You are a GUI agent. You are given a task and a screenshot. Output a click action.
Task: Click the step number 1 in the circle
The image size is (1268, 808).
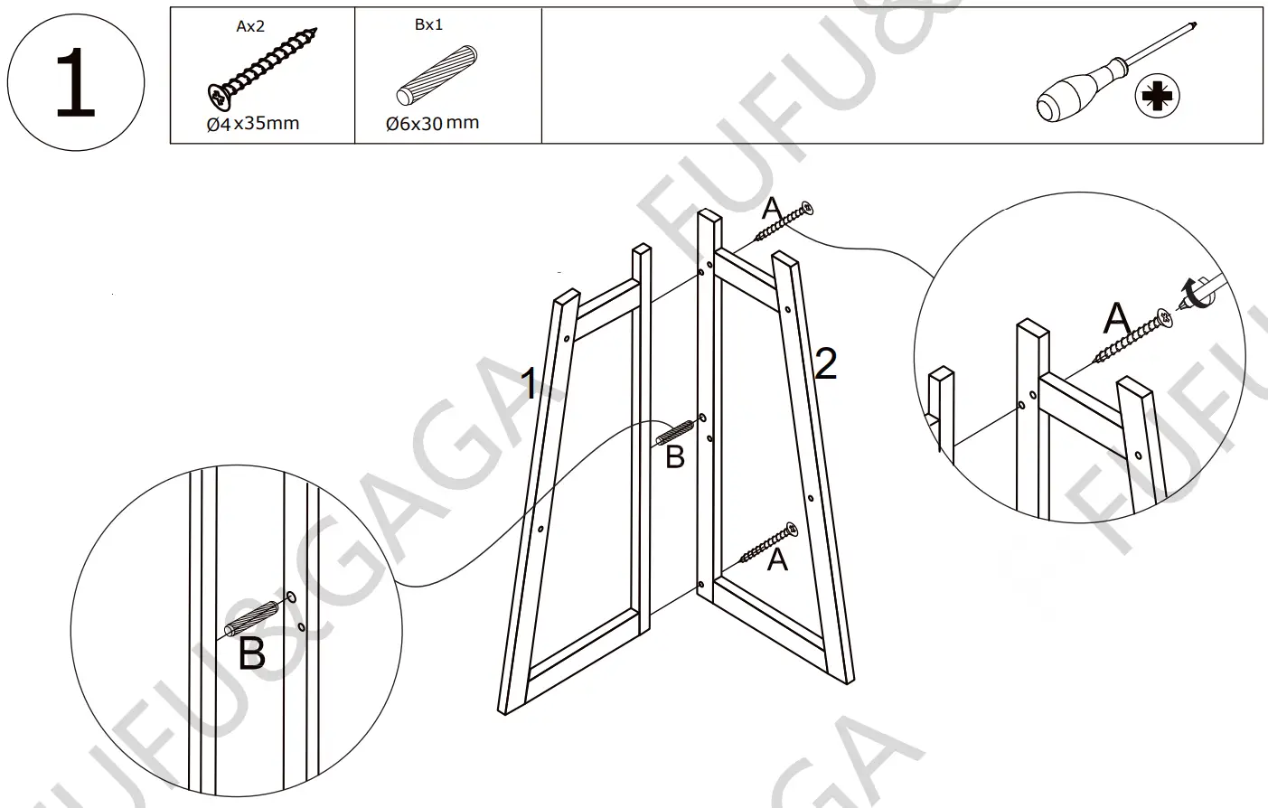(x=75, y=86)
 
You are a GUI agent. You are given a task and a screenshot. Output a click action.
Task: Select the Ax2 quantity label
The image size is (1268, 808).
(x=250, y=26)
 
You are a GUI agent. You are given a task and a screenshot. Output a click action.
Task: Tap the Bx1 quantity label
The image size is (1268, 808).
(x=428, y=25)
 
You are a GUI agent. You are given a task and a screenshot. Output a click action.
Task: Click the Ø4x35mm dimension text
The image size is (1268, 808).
(x=252, y=124)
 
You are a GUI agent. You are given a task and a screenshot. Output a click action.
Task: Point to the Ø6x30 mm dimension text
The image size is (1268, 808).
(x=432, y=123)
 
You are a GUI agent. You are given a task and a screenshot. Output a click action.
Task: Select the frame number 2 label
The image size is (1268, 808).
(x=825, y=364)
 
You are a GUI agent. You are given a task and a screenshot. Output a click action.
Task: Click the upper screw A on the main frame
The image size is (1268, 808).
(x=784, y=221)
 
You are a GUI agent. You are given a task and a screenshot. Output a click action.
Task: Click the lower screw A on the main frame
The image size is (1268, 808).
(x=769, y=542)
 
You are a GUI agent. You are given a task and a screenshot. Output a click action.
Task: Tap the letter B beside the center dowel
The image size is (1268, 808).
(x=674, y=458)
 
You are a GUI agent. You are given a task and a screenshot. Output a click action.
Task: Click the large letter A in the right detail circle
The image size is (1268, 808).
(x=1117, y=319)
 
